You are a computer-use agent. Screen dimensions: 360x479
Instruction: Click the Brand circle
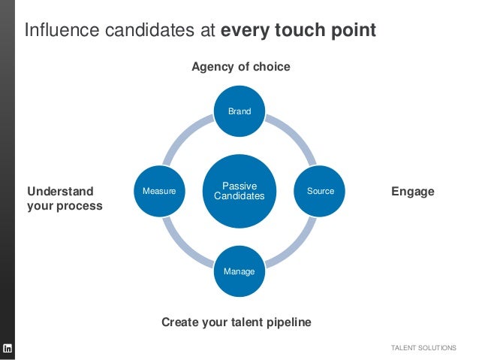239,111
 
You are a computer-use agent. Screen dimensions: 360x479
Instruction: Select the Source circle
321,191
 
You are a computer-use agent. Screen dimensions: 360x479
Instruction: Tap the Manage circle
239,271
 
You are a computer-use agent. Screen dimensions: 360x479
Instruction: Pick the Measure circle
159,191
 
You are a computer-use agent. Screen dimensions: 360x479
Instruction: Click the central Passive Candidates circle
239,191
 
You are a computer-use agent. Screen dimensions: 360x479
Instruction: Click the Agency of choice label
240,67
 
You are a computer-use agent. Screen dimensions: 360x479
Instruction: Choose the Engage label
413,192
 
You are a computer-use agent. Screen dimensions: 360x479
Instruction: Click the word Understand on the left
60,192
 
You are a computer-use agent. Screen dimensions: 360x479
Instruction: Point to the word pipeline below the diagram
285,322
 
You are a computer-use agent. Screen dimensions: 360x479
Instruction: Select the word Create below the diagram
181,322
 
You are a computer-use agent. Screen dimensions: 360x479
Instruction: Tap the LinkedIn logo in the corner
8,348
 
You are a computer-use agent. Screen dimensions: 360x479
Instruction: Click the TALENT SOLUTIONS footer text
423,348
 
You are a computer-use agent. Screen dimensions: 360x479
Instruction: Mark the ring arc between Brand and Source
294,135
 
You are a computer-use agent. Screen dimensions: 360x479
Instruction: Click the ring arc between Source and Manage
296,247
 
